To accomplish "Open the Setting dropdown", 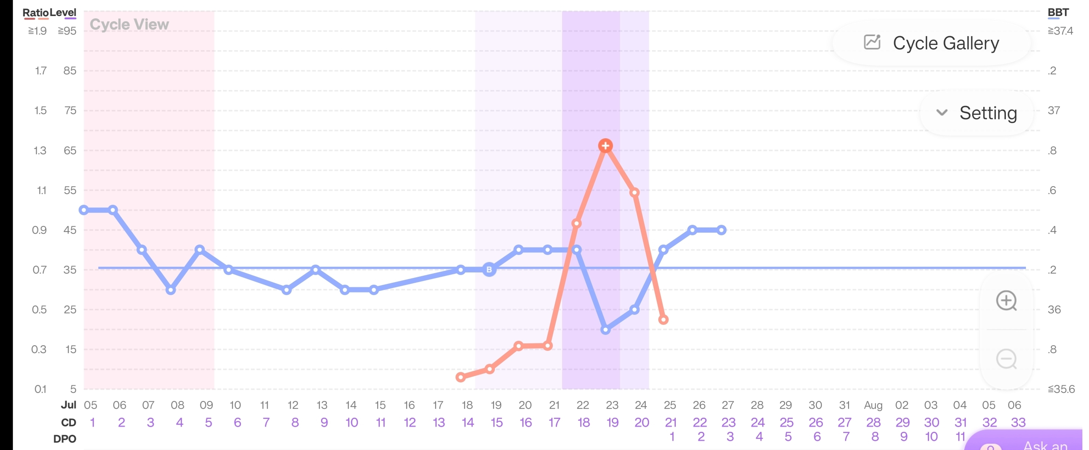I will click(x=976, y=113).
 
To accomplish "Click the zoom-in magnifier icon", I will click(x=1006, y=301).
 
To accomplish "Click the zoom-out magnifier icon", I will click(x=1006, y=359).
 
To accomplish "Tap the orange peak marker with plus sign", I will click(x=605, y=146).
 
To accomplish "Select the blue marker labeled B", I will click(x=489, y=269).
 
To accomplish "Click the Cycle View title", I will click(x=129, y=25).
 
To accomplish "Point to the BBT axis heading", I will click(x=1058, y=13).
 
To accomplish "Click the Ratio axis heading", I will click(x=35, y=13).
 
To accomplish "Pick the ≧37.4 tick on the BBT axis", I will click(x=1060, y=31).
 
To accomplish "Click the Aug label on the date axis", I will click(x=873, y=405).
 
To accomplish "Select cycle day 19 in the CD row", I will click(x=613, y=422).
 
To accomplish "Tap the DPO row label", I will click(x=65, y=439).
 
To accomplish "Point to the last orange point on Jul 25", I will click(x=663, y=320).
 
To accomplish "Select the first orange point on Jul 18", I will click(x=460, y=377).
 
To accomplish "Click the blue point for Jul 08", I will click(x=171, y=290).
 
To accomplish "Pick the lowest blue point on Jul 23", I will click(x=605, y=330).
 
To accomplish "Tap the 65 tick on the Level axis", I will click(x=70, y=150).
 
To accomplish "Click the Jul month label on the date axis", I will click(x=68, y=405).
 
